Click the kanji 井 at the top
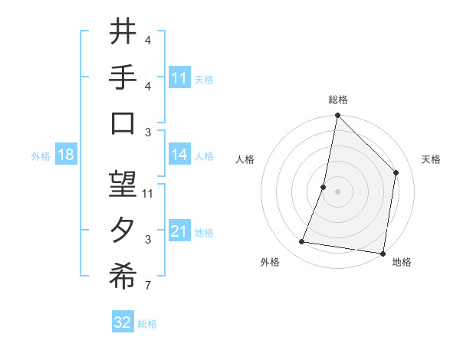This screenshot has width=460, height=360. [x=123, y=32]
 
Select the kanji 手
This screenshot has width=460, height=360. [x=123, y=78]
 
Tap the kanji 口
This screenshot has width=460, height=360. [x=123, y=124]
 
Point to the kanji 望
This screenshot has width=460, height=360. [x=123, y=185]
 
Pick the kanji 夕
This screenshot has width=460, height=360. [x=123, y=231]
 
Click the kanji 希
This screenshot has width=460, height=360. [x=123, y=278]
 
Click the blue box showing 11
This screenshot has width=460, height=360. [x=179, y=78]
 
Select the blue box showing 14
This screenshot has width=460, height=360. [x=179, y=155]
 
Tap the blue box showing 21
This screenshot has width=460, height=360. [x=179, y=231]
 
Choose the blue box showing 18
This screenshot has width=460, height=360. [x=66, y=155]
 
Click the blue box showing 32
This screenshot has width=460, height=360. [x=123, y=322]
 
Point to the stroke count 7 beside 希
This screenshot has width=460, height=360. [x=148, y=287]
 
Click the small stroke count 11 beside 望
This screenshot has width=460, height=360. [x=148, y=193]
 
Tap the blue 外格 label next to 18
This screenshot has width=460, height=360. [x=41, y=155]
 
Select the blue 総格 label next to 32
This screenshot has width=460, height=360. [x=147, y=323]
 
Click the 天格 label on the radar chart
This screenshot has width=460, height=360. [x=432, y=159]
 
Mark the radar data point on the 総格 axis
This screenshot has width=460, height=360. [x=337, y=116]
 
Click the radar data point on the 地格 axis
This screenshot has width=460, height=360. [x=383, y=253]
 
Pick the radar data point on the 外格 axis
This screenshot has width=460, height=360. [x=302, y=242]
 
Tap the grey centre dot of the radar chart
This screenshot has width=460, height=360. [x=337, y=191]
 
